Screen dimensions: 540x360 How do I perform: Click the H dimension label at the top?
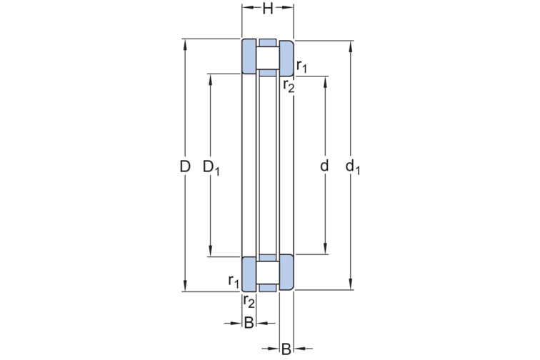click(x=268, y=9)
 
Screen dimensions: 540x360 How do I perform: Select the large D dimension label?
click(x=185, y=166)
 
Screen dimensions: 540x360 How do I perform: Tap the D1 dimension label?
click(x=211, y=168)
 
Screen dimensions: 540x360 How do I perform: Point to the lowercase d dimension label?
click(x=324, y=166)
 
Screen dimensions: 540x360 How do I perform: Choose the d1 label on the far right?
click(x=353, y=167)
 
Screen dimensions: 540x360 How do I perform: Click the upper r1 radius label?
click(x=301, y=66)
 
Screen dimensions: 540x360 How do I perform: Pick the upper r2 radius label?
click(x=289, y=86)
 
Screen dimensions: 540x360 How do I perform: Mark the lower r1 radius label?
click(x=234, y=281)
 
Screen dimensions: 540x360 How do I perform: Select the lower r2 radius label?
click(x=249, y=301)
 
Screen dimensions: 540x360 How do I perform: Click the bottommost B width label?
click(x=286, y=349)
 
